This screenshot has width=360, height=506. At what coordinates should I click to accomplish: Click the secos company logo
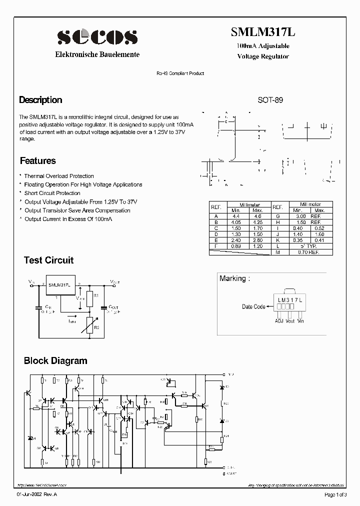point(97,36)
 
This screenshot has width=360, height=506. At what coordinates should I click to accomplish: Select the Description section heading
point(40,100)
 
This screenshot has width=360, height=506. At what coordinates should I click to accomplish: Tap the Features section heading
point(38,161)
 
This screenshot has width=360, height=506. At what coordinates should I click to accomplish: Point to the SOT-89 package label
point(270,100)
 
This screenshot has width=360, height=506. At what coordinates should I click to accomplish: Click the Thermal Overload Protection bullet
point(59,176)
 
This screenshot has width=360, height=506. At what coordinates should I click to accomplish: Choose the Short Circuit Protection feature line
point(52,193)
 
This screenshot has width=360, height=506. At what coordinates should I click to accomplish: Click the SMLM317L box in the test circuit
point(59,285)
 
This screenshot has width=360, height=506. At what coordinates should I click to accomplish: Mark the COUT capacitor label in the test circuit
point(113,307)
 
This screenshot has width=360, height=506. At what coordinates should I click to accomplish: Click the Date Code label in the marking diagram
point(253,306)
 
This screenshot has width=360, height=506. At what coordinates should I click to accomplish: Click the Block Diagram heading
point(55,361)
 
